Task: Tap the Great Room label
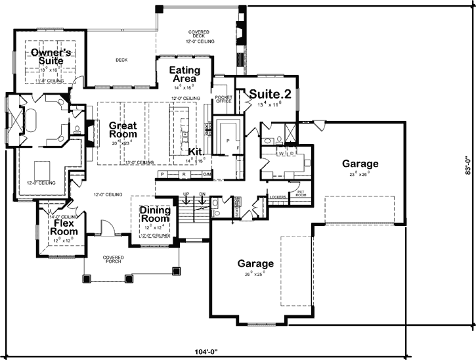(122, 129)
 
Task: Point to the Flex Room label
(66, 228)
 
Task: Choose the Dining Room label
(156, 215)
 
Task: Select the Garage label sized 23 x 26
(359, 164)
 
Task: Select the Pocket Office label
(224, 100)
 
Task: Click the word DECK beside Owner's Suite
(121, 60)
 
